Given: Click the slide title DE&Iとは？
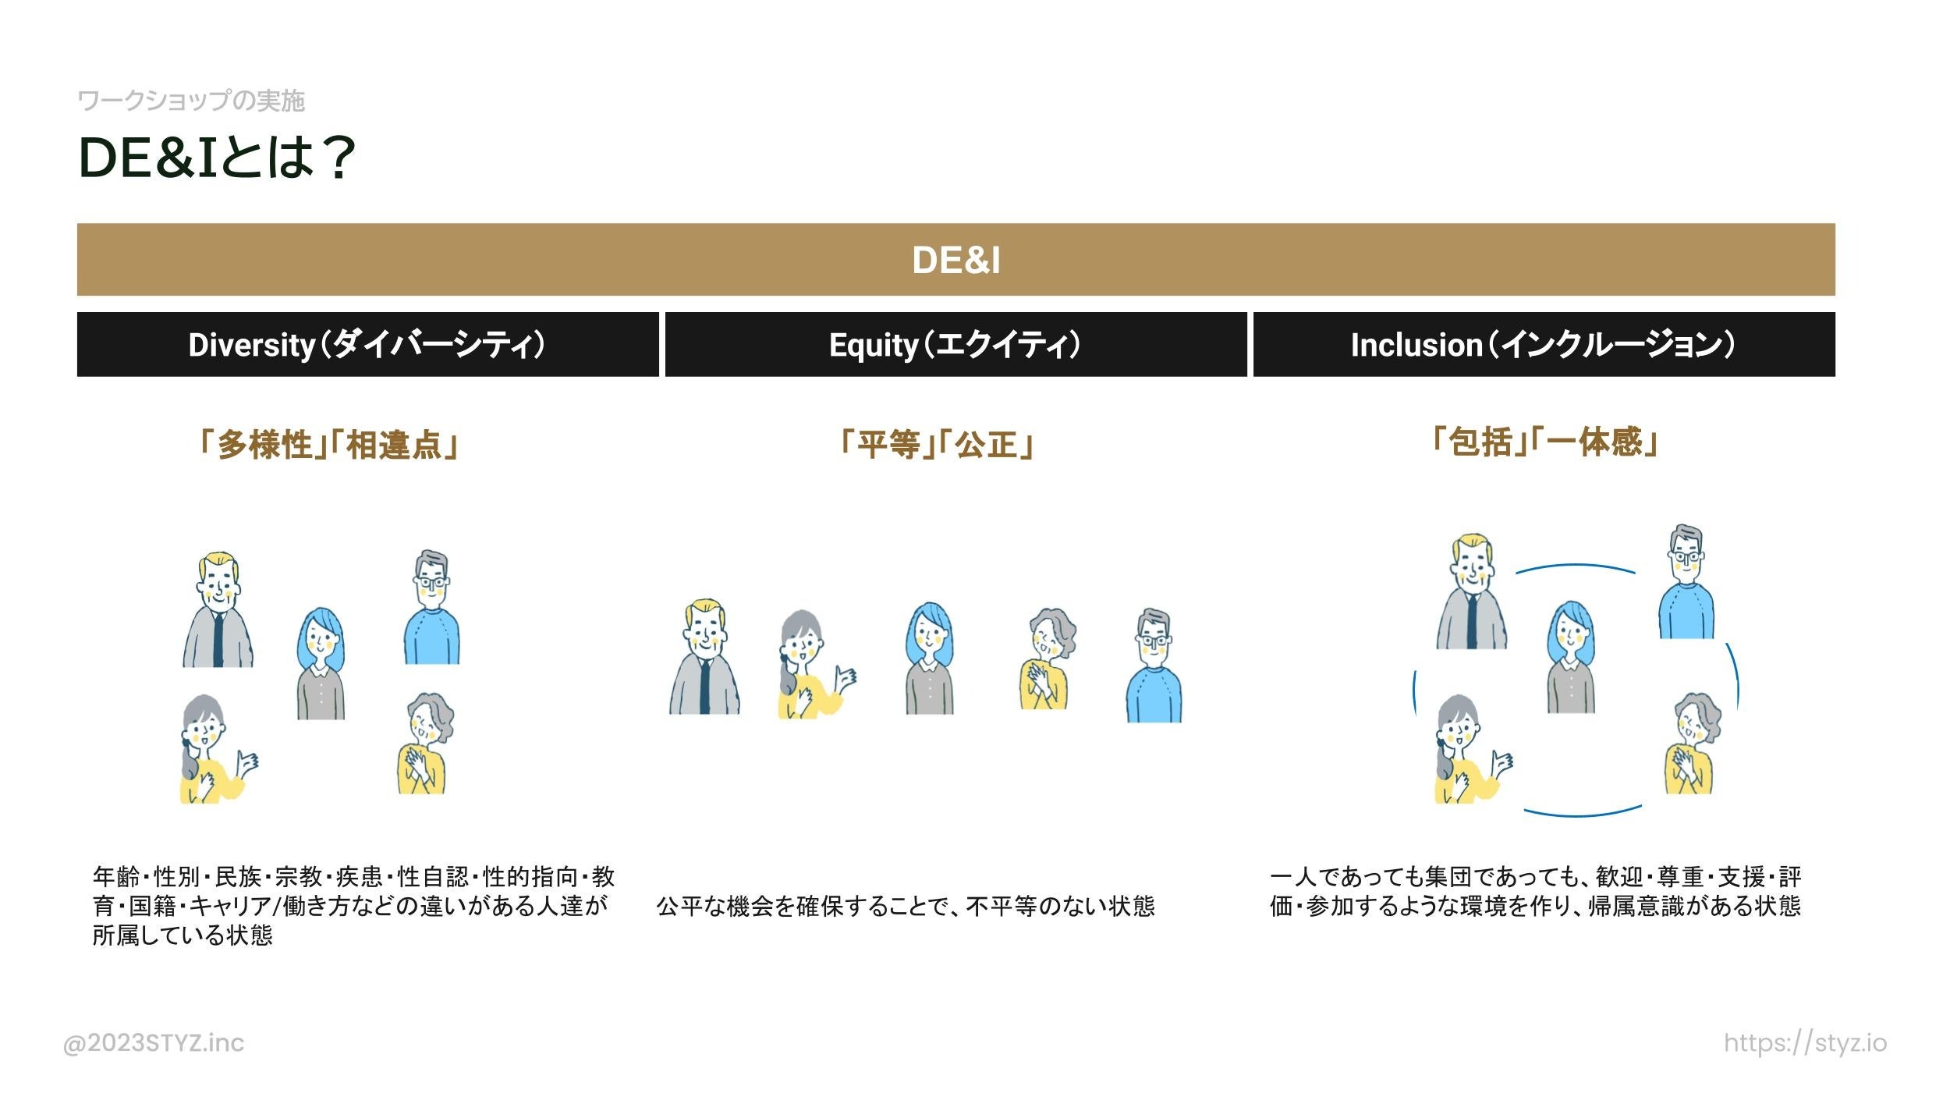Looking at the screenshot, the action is point(217,158).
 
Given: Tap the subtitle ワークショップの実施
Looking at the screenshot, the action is point(191,101).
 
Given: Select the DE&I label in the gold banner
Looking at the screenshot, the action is point(955,260).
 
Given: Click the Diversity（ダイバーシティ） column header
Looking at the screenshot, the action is point(367,345).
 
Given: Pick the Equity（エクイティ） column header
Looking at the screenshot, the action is point(955,345).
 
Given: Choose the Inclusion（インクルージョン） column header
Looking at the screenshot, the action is point(1543,345).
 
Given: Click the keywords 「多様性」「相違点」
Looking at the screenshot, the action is point(328,445).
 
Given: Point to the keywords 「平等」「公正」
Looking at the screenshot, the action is point(936,445).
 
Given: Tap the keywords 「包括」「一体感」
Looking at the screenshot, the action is point(1544,442).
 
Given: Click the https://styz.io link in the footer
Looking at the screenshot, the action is point(1805,1042).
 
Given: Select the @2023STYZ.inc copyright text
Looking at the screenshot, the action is point(154,1042).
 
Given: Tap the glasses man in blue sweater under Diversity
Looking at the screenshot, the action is point(431,609).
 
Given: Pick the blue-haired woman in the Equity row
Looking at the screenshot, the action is point(929,659).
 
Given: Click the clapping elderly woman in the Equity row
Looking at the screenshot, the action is point(1045,659).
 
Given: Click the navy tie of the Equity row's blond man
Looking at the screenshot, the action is point(704,687).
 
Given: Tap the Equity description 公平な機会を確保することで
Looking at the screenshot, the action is point(905,906).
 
